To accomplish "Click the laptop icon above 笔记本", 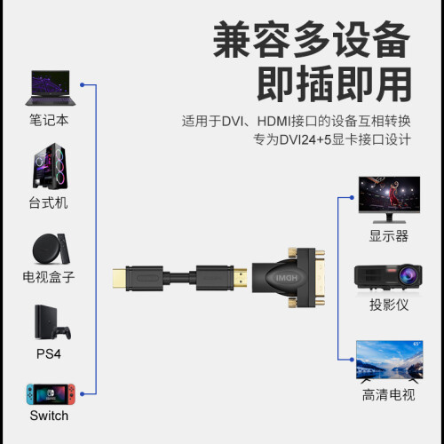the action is tap(51, 88).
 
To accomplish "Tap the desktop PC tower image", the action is tap(50, 166).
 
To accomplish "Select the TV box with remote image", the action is tap(51, 249).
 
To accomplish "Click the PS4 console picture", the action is tap(52, 322).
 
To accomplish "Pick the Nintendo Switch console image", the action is tap(51, 394).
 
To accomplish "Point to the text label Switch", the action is tap(49, 416).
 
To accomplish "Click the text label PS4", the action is tap(49, 354).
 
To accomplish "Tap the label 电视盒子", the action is tap(49, 277).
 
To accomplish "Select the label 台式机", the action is tap(48, 203).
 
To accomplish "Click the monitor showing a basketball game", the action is tap(389, 200).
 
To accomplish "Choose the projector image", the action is tap(388, 278).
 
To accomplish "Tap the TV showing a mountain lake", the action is tap(389, 361).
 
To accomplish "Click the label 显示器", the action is tap(389, 236).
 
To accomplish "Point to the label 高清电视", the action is tap(389, 395).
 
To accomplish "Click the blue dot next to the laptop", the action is tap(83, 85).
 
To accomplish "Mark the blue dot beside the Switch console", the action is tap(83, 394).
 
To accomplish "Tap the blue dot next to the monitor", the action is tap(352, 197).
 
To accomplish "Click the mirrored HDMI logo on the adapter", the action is tap(286, 278).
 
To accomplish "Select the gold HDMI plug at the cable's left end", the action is tap(119, 278).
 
